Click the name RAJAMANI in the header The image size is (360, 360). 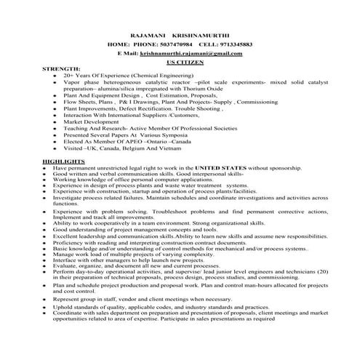[148, 35]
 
